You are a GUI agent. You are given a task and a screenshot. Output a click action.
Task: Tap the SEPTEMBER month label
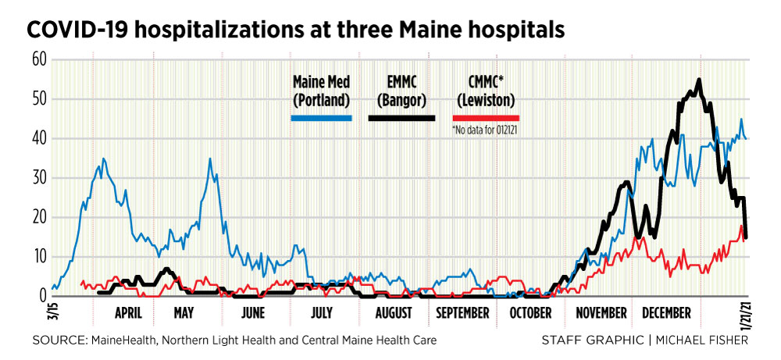[x=462, y=313]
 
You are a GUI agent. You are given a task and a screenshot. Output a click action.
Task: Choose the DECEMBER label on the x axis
[x=666, y=313]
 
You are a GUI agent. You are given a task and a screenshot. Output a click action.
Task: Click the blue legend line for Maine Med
[x=321, y=119]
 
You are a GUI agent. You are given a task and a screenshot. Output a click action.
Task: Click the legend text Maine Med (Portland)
[x=321, y=91]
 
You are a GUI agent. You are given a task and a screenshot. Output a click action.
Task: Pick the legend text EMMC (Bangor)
[x=405, y=91]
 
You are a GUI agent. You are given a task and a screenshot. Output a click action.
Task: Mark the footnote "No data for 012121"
[x=487, y=130]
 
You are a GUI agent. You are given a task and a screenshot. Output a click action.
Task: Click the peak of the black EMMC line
[x=698, y=80]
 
